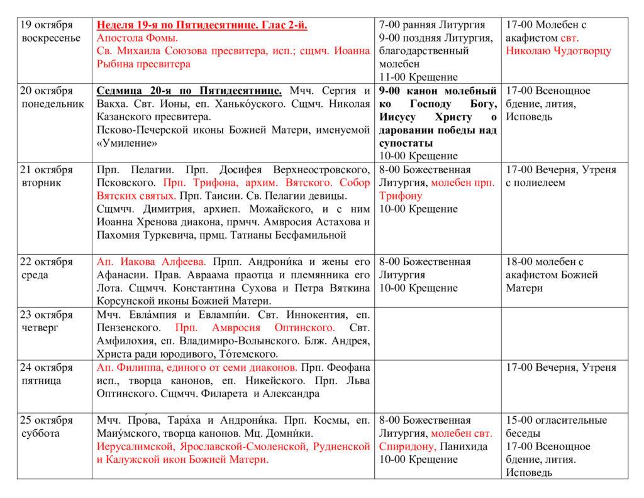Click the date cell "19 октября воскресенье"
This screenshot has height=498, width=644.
[47, 31]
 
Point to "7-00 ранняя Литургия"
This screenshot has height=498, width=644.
[432, 25]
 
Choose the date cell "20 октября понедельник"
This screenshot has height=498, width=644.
[51, 97]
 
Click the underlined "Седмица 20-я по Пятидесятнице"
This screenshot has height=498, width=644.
[189, 91]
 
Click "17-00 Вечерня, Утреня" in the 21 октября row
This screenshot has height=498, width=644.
[561, 170]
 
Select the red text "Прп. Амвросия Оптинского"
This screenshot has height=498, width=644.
[255, 327]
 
